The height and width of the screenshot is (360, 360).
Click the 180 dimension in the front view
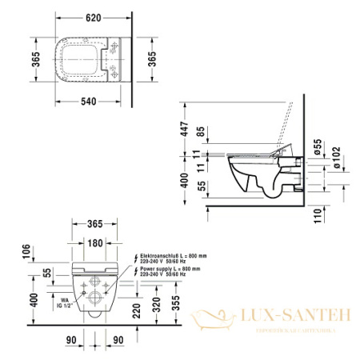pyautogui.click(x=94, y=242)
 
